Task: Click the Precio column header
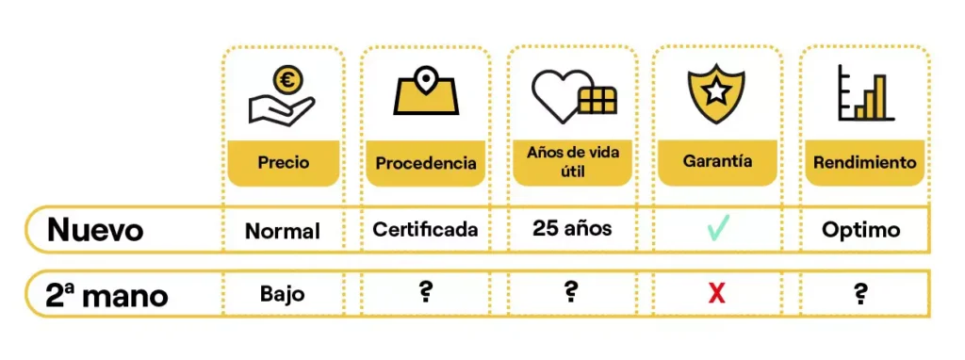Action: (283, 163)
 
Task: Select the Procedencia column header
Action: (426, 164)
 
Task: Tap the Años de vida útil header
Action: (572, 162)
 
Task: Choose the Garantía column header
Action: (717, 162)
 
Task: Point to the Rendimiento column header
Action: (865, 162)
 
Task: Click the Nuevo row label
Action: (95, 230)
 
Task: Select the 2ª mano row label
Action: (106, 295)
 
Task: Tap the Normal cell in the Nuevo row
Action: (283, 232)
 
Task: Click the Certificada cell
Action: (425, 230)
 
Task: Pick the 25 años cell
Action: (572, 229)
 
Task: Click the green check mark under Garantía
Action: (717, 228)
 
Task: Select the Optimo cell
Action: (861, 231)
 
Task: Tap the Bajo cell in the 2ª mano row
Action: (283, 294)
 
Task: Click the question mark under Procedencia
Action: (425, 293)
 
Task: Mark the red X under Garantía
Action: (716, 295)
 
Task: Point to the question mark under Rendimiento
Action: (860, 295)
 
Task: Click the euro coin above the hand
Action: (286, 80)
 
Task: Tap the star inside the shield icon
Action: (717, 93)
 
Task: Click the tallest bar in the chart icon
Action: (880, 97)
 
